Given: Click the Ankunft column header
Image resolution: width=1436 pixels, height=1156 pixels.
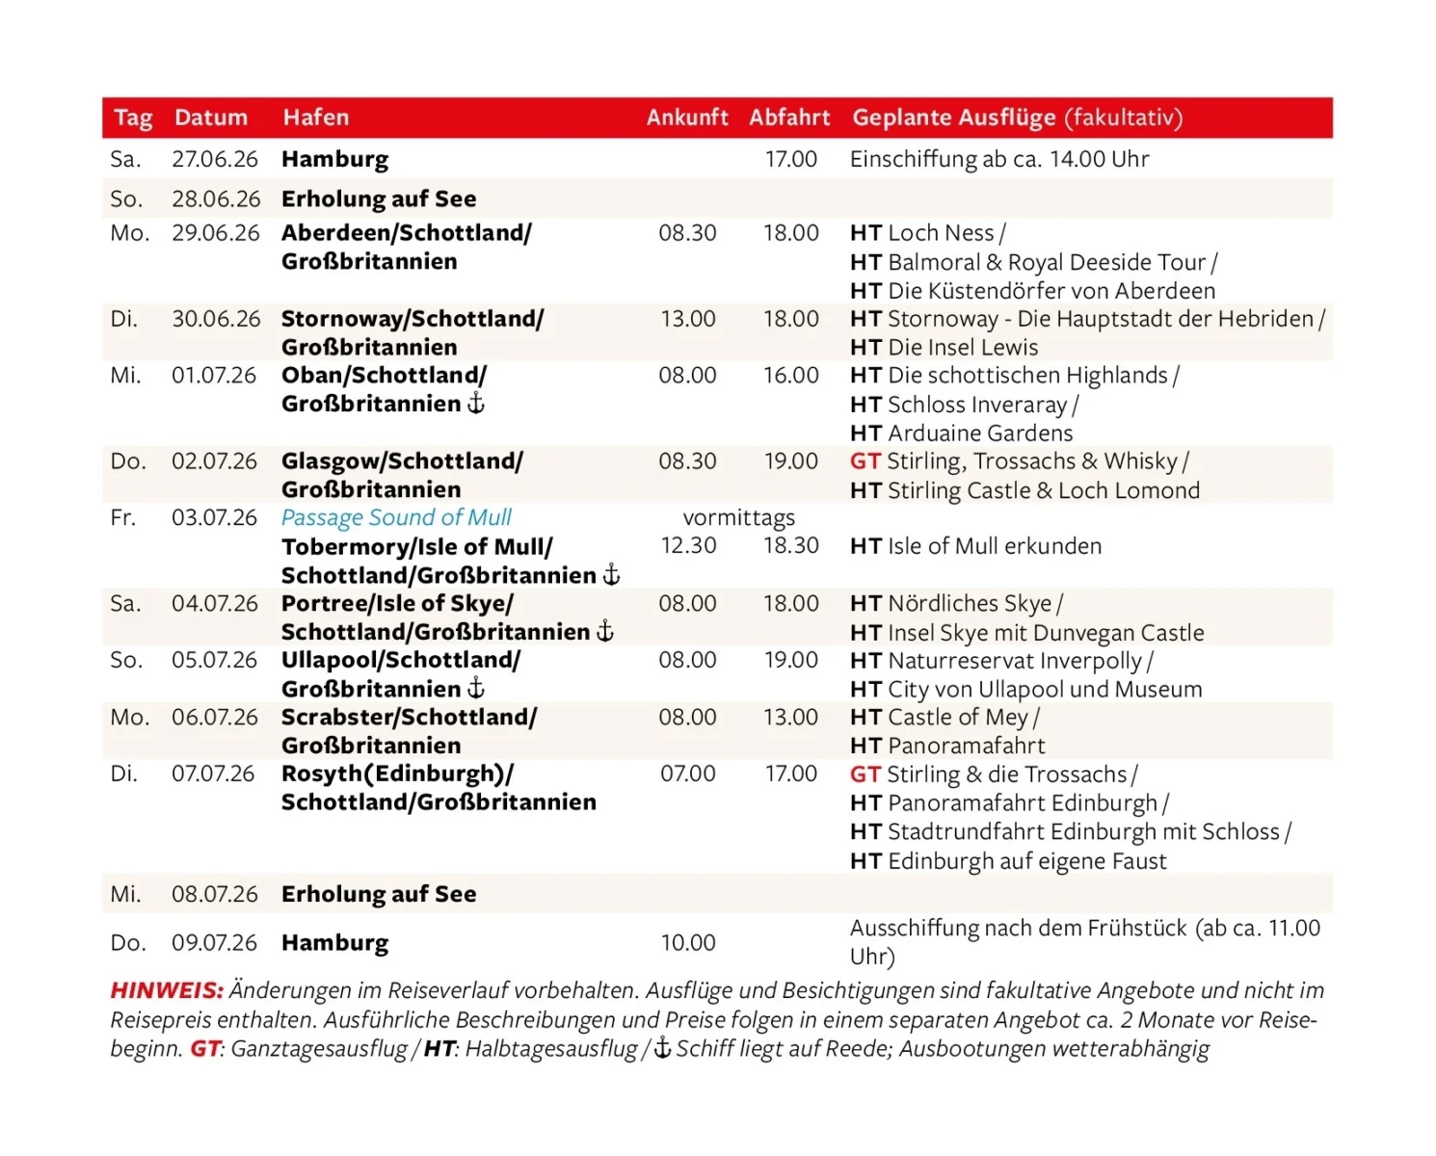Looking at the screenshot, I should tap(687, 118).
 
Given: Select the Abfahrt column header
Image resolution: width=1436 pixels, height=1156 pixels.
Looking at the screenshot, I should tap(789, 118).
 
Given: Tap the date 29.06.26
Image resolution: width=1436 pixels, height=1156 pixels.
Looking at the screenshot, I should tap(216, 233).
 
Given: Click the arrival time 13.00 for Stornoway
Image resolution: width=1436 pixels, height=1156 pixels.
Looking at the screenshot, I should tap(688, 319).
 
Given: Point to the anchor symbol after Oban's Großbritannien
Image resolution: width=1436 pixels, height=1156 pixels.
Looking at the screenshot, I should tap(476, 404).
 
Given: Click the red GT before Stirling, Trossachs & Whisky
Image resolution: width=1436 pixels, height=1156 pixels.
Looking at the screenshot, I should tap(864, 461).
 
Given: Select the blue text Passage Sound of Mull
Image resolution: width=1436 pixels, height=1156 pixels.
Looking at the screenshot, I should tap(396, 517).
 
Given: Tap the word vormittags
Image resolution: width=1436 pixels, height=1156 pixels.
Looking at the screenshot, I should tap(739, 517).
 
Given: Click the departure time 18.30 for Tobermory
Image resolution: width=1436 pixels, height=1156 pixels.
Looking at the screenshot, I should tap(790, 545).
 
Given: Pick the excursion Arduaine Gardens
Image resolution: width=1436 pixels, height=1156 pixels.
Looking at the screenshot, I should tap(979, 433).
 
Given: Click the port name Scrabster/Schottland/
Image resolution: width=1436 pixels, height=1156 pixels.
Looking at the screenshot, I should tap(409, 717).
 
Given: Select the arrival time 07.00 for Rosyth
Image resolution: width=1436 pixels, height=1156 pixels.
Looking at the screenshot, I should tap(688, 774).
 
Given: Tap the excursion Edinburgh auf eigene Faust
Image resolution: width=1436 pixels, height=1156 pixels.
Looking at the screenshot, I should tap(1026, 861).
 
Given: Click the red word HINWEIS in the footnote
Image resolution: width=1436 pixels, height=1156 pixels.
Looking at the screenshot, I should tap(166, 990).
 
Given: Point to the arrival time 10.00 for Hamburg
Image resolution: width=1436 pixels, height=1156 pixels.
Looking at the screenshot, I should tap(688, 942).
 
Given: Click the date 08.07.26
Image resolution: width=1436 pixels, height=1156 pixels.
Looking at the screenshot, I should tap(215, 894).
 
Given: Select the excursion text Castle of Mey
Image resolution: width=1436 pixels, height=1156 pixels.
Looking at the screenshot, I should tap(959, 718).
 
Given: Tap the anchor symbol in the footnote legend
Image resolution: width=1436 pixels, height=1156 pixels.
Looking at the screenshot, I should tap(662, 1048).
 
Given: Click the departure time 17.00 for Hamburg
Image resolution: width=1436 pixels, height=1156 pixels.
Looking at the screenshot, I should tap(790, 159).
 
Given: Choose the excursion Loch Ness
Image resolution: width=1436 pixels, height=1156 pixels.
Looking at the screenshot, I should tap(941, 233).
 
